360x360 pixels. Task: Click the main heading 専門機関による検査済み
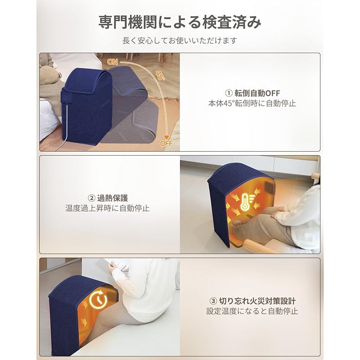click(180, 22)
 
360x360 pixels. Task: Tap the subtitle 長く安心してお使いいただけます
click(180, 40)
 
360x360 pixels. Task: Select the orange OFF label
click(166, 144)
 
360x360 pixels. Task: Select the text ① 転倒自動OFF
click(252, 93)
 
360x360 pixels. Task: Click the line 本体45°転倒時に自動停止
click(252, 103)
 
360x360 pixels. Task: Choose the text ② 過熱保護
click(108, 198)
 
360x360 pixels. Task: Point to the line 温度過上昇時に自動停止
click(108, 208)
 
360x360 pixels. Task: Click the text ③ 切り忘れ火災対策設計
click(252, 300)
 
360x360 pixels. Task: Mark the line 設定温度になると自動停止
click(252, 311)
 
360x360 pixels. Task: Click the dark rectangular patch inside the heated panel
click(269, 186)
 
